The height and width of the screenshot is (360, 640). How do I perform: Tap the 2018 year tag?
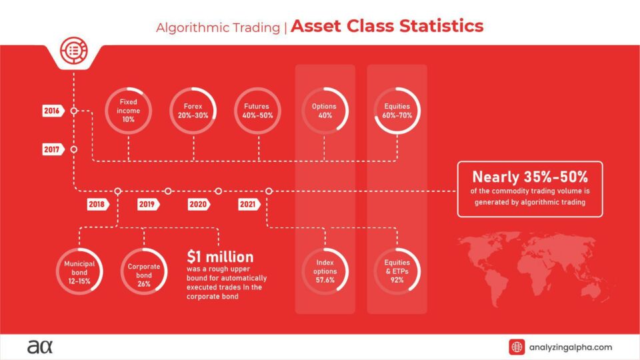pyautogui.click(x=96, y=204)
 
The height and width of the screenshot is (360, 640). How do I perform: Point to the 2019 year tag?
pyautogui.click(x=147, y=204)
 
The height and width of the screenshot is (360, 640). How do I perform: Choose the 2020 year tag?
pyautogui.click(x=197, y=204)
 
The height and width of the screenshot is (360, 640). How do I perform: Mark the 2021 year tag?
pyautogui.click(x=248, y=204)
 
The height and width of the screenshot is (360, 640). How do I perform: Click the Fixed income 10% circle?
pyautogui.click(x=129, y=111)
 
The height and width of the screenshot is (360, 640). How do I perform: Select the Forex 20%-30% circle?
pyautogui.click(x=193, y=111)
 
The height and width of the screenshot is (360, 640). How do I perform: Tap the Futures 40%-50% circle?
pyautogui.click(x=258, y=111)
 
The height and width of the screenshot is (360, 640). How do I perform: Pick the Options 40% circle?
pyautogui.click(x=324, y=111)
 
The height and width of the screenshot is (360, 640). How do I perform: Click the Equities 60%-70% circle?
pyautogui.click(x=398, y=111)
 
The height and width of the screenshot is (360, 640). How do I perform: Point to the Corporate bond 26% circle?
pyautogui.click(x=144, y=272)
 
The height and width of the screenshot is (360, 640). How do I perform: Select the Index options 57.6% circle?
pyautogui.click(x=325, y=272)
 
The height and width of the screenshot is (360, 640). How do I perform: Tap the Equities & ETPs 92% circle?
pyautogui.click(x=398, y=272)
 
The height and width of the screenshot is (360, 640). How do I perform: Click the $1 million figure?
pyautogui.click(x=220, y=257)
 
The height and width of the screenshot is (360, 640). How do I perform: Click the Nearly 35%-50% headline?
pyautogui.click(x=529, y=177)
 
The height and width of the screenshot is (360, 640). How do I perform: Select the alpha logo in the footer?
pyautogui.click(x=39, y=347)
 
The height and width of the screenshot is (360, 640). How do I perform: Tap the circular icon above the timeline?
pyautogui.click(x=73, y=49)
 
